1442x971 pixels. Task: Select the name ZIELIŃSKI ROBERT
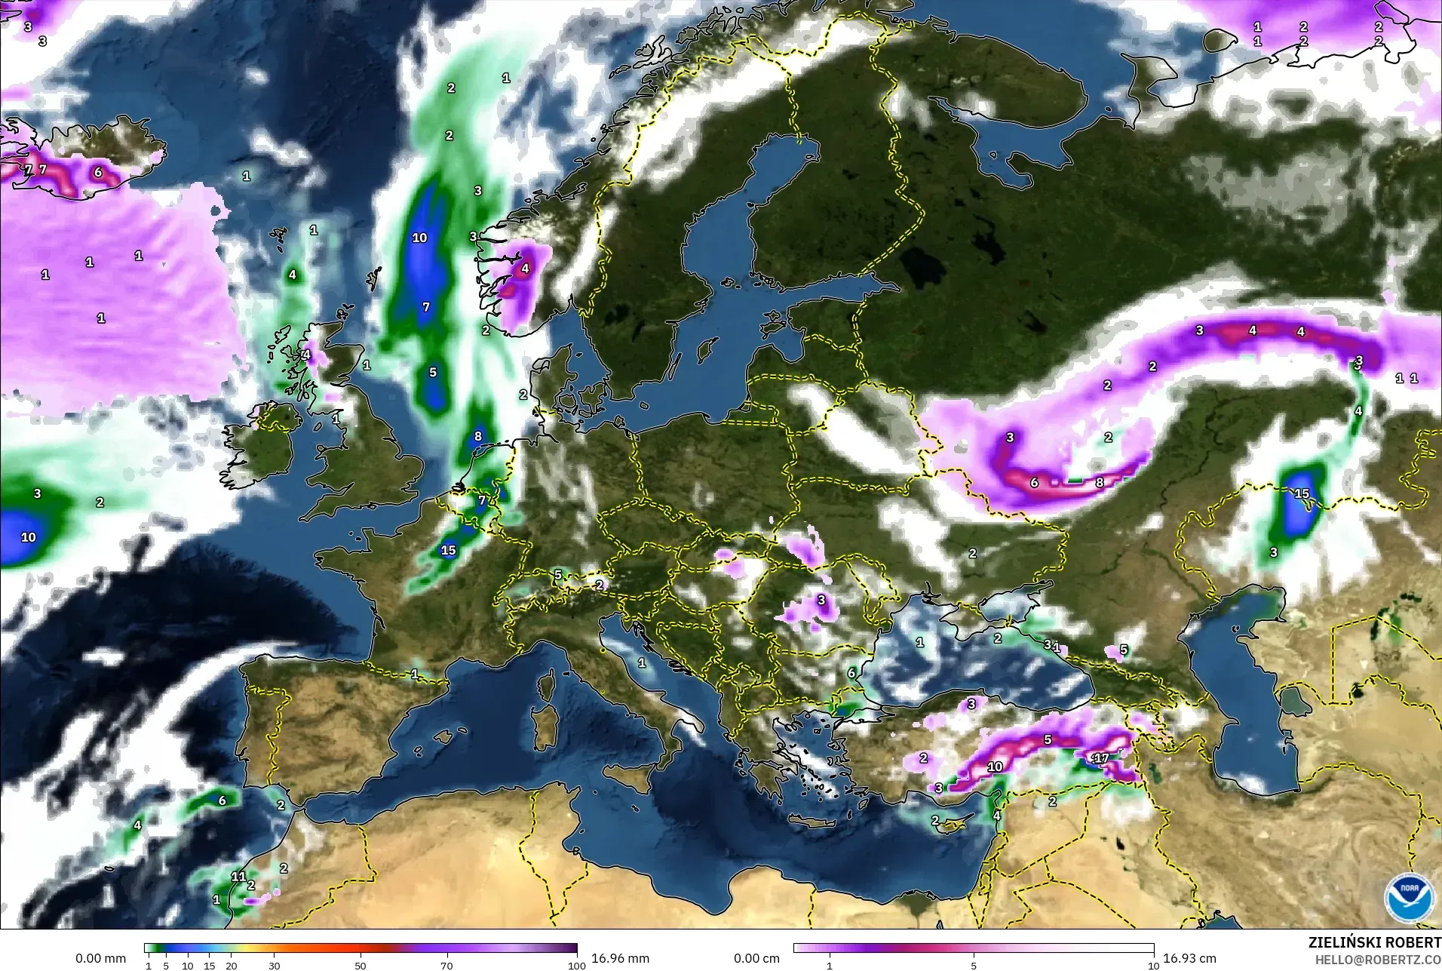[1374, 943]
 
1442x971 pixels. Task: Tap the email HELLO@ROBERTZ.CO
[1378, 960]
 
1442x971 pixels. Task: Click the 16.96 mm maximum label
[620, 958]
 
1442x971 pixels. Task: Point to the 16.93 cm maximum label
[1189, 958]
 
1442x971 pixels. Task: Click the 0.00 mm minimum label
[100, 958]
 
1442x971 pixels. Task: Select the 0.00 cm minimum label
[756, 958]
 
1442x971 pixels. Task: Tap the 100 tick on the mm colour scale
[576, 966]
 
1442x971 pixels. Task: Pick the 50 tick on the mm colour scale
[360, 966]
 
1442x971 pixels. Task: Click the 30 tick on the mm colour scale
[275, 966]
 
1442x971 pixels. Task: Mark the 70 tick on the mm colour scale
[446, 966]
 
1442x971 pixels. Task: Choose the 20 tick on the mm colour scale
[231, 966]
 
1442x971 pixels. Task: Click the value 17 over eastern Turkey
[1101, 758]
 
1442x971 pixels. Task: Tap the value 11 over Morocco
[238, 877]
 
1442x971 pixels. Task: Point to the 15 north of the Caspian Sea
[1302, 494]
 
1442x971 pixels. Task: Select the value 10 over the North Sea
[419, 238]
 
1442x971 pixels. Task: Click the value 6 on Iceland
[98, 173]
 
